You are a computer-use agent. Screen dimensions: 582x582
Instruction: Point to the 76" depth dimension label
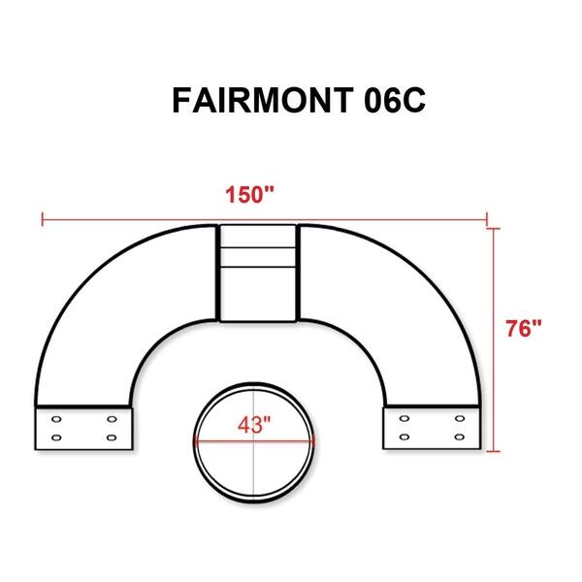523,328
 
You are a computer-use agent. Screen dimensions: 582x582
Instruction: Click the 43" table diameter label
254,425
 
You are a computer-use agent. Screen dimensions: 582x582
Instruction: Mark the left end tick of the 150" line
42,218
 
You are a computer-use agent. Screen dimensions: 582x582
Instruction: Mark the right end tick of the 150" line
486,218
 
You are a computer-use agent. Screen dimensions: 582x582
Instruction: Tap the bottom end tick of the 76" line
496,450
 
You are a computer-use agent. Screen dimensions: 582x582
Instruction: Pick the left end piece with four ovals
83,428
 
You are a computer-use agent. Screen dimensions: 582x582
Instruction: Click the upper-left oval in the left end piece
56,420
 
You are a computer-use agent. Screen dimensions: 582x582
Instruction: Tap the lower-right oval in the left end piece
112,437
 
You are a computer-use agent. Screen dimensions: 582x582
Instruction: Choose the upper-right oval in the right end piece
460,420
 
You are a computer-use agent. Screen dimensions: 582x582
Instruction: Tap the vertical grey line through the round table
255,466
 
